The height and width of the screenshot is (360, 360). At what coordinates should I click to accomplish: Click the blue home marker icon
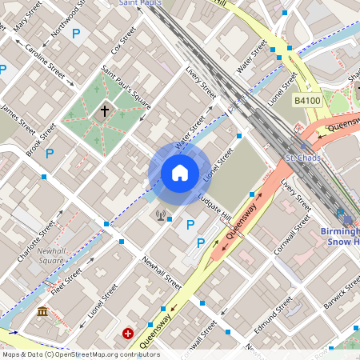(179, 172)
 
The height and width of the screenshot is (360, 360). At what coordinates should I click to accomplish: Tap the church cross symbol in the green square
(104, 111)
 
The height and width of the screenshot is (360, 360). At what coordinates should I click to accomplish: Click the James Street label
(18, 117)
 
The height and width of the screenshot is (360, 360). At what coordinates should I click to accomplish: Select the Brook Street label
(42, 138)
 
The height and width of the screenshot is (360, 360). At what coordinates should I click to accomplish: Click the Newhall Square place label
(51, 254)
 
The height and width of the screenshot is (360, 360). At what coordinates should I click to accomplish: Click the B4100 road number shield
(306, 101)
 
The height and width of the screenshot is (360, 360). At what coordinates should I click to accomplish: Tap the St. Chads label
(302, 158)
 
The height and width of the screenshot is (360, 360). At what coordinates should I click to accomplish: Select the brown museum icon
(42, 310)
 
